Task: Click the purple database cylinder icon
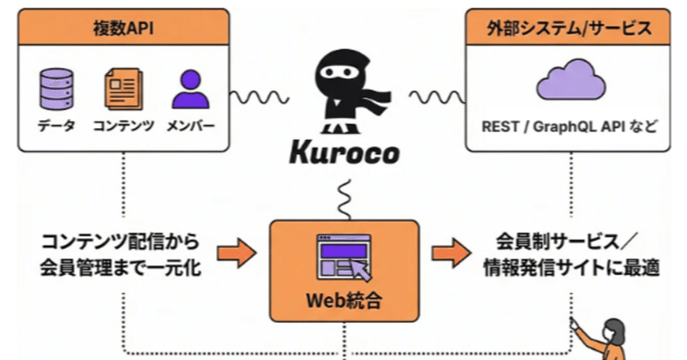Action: click(56, 88)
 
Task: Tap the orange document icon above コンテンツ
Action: click(122, 89)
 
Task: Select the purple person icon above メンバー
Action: click(190, 88)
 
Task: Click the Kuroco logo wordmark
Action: click(343, 156)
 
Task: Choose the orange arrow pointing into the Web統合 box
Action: click(237, 253)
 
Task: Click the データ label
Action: click(56, 127)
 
